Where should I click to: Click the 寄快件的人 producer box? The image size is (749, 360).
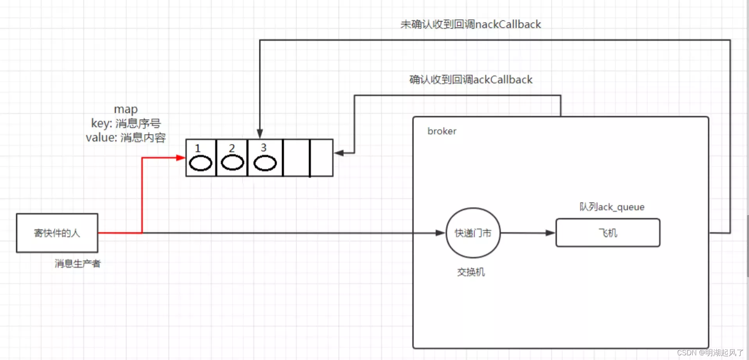57,233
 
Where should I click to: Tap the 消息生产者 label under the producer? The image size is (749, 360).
77,263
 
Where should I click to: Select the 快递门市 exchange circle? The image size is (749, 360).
473,233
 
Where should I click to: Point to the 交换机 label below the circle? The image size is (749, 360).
471,272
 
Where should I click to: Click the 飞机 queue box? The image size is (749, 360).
608,233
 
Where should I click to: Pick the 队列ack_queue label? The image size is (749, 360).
612,207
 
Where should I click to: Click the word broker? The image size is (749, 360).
442,131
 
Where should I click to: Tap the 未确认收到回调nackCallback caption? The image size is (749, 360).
471,25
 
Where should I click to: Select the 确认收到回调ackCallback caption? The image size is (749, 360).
471,80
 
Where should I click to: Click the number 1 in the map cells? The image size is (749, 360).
198,148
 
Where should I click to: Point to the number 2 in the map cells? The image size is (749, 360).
232,148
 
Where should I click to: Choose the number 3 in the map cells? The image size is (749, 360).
264,147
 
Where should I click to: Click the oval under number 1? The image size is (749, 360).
200,163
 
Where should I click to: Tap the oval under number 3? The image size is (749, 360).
265,163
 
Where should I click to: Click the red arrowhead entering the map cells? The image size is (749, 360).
181,158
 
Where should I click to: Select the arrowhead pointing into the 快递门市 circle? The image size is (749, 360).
440,233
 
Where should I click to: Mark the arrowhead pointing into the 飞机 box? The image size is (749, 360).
550,233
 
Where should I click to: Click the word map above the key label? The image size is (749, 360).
126,109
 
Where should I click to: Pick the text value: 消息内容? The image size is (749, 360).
126,138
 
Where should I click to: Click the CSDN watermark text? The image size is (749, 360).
710,353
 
